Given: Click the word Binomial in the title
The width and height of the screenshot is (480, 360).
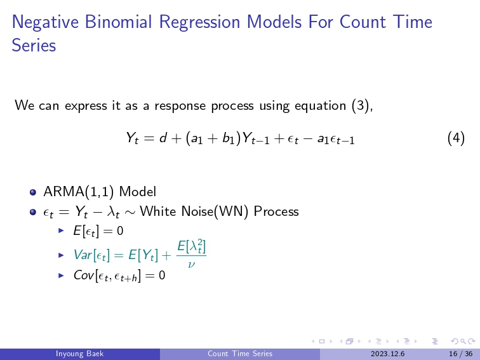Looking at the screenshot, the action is (118, 22).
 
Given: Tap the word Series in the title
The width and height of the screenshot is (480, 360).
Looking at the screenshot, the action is (34, 45).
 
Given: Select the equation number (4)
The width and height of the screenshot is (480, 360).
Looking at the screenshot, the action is (456, 138).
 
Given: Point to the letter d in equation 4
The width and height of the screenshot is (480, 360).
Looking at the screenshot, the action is (163, 138).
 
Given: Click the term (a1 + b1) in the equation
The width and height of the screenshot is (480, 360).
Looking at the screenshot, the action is (213, 138).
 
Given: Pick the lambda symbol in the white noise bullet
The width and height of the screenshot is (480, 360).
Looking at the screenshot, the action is (111, 211).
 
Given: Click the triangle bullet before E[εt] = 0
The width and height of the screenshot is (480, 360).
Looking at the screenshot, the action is (61, 230).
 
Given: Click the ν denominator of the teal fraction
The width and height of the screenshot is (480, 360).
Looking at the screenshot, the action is (191, 263).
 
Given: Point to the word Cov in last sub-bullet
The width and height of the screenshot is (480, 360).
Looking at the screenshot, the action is (83, 275).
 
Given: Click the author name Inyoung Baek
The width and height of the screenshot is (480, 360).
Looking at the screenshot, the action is (79, 354).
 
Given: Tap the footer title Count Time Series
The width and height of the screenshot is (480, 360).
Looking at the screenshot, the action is (240, 354).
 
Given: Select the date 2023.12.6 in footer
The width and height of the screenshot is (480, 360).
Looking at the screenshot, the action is (387, 354).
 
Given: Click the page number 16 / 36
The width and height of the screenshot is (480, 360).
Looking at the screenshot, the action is (461, 354).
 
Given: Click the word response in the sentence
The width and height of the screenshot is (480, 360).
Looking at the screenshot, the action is (180, 106).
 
